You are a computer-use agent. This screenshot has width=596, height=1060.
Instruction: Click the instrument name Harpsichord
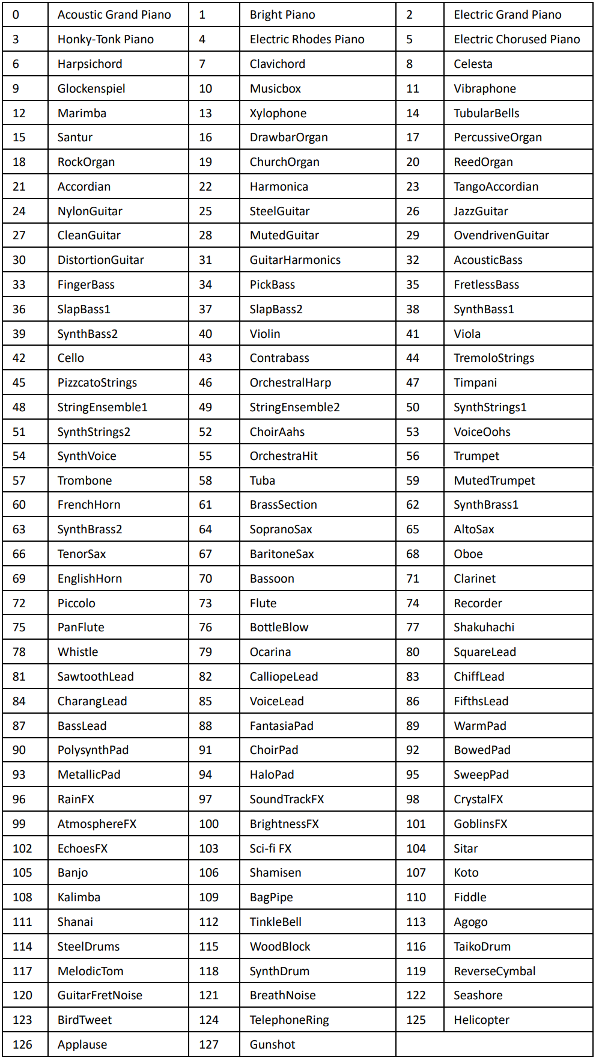(90, 64)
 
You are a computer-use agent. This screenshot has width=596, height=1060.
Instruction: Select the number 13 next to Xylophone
(205, 113)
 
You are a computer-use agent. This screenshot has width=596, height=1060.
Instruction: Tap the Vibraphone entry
(485, 88)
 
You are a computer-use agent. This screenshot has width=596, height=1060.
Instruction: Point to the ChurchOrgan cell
(285, 162)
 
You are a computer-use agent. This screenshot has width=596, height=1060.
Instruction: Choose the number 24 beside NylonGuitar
(19, 211)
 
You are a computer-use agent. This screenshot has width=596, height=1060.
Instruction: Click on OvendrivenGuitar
(501, 235)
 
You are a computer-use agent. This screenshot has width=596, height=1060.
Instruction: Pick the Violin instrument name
(265, 334)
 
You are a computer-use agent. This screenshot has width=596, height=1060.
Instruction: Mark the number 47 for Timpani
(413, 382)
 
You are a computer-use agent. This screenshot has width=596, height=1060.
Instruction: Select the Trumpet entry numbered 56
(476, 456)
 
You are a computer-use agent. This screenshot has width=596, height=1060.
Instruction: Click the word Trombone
(85, 480)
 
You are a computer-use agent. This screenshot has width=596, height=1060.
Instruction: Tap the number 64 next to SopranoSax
(205, 529)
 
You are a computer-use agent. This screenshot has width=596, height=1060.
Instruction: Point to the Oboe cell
(468, 554)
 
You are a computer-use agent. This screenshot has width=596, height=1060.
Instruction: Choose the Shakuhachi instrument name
(484, 627)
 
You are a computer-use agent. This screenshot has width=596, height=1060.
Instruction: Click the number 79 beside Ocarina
(205, 652)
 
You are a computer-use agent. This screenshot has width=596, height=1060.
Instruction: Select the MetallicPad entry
(89, 774)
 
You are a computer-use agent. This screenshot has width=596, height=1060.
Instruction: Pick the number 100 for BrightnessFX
(209, 824)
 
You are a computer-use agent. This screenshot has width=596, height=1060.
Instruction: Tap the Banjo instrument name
(73, 872)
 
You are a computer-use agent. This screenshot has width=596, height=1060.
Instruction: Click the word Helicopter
(481, 1020)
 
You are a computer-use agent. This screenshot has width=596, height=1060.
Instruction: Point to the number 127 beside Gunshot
(209, 1044)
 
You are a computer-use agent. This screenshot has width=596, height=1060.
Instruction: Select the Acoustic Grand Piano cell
(114, 14)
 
